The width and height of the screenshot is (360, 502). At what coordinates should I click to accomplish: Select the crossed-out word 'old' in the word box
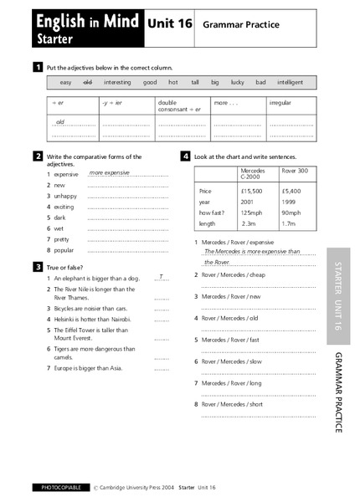88,82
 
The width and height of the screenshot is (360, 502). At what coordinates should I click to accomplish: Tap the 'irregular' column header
280,103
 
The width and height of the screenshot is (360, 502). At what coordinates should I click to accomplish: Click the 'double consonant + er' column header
178,105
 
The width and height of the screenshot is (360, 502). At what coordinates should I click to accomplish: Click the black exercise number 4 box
185,156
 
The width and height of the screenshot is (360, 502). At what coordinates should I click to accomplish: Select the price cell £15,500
252,191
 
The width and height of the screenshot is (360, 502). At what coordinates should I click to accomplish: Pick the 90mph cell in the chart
292,213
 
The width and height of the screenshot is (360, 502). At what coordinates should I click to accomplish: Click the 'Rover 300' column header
294,171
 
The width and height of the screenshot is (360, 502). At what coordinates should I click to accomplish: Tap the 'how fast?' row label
212,213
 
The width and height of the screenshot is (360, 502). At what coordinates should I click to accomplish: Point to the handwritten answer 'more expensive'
110,172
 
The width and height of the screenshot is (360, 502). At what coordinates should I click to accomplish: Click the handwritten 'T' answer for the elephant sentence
161,276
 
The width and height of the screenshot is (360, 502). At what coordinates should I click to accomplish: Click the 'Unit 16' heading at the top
170,25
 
